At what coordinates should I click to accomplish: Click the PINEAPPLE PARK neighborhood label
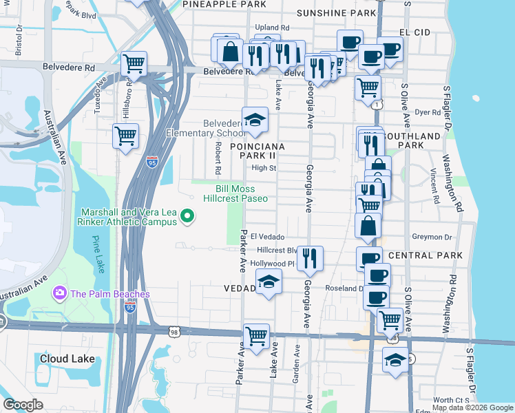coord(224,4)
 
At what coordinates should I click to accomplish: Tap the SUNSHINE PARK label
coord(336,13)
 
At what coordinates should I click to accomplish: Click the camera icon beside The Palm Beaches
coord(60,294)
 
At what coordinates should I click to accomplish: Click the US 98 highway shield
coord(174,332)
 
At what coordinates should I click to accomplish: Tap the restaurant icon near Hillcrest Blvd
coord(311,257)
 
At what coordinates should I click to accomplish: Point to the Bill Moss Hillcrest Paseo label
coord(235,193)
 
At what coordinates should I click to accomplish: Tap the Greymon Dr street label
coord(432,237)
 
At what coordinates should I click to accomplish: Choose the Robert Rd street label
coord(218,158)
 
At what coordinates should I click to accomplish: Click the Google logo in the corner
coord(23,405)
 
